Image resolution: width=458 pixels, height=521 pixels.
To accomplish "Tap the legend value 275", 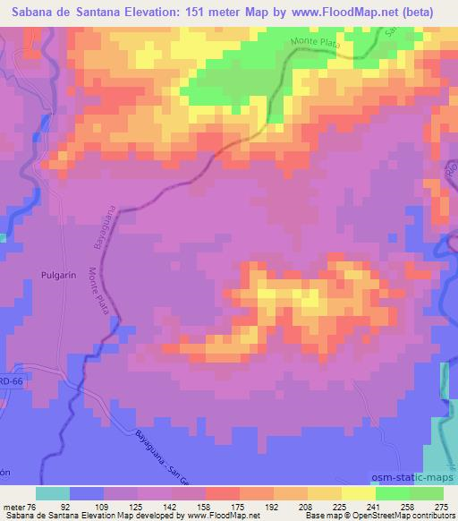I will [441, 505].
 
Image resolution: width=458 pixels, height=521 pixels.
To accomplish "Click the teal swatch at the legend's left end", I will [53, 493].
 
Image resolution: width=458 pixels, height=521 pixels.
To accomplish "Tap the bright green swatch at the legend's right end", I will [426, 493].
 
